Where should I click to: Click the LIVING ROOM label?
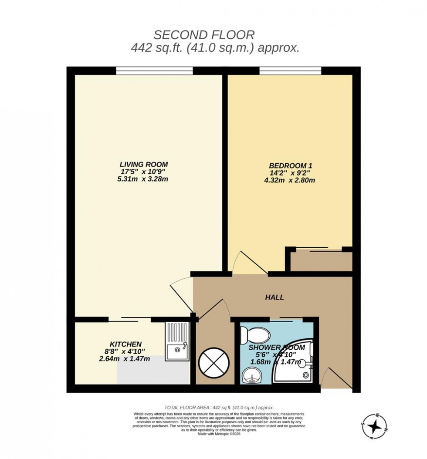pyautogui.click(x=144, y=164)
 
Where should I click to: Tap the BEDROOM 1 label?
pyautogui.click(x=291, y=165)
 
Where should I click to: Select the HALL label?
pyautogui.click(x=274, y=297)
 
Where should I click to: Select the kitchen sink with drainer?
pyautogui.click(x=177, y=342)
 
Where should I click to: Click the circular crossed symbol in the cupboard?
pyautogui.click(x=213, y=362)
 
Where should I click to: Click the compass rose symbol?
pyautogui.click(x=374, y=425)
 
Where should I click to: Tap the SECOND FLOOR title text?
pyautogui.click(x=204, y=35)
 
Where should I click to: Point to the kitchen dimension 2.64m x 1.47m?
pyautogui.click(x=125, y=359)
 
